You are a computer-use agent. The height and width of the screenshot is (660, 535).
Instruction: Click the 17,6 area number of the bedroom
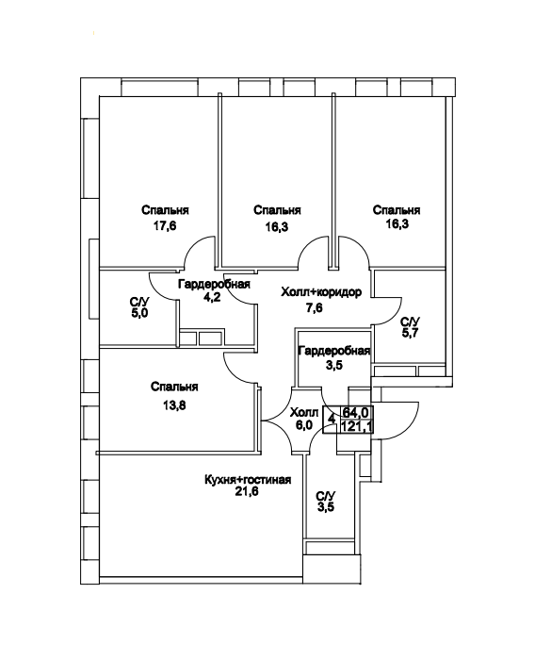click(165, 226)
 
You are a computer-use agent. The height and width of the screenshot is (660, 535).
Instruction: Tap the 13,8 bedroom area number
click(173, 405)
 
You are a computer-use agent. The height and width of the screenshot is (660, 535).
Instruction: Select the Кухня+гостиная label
click(248, 479)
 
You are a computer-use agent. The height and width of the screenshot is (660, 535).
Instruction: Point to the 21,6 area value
click(247, 490)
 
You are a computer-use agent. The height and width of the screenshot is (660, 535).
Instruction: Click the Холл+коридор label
click(321, 291)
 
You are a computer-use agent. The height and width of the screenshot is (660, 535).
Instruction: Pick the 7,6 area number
click(315, 308)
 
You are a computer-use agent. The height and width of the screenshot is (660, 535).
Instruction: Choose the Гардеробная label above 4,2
click(214, 284)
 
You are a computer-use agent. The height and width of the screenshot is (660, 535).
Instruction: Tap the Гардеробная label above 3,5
click(334, 351)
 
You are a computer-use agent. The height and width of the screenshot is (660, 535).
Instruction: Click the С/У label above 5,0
click(139, 302)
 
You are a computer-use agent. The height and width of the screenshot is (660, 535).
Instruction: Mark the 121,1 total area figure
click(357, 427)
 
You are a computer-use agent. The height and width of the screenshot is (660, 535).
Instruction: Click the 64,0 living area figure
click(353, 411)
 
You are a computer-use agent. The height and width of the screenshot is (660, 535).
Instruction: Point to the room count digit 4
click(332, 419)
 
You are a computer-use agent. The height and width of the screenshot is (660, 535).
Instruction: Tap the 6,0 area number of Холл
click(304, 425)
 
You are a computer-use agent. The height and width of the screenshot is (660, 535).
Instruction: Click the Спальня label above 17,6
click(165, 209)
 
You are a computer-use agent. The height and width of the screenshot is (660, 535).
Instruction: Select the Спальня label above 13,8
click(174, 386)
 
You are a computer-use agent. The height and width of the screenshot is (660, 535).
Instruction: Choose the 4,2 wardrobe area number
click(212, 298)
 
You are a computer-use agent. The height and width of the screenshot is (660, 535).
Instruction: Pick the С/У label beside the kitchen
click(327, 495)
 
